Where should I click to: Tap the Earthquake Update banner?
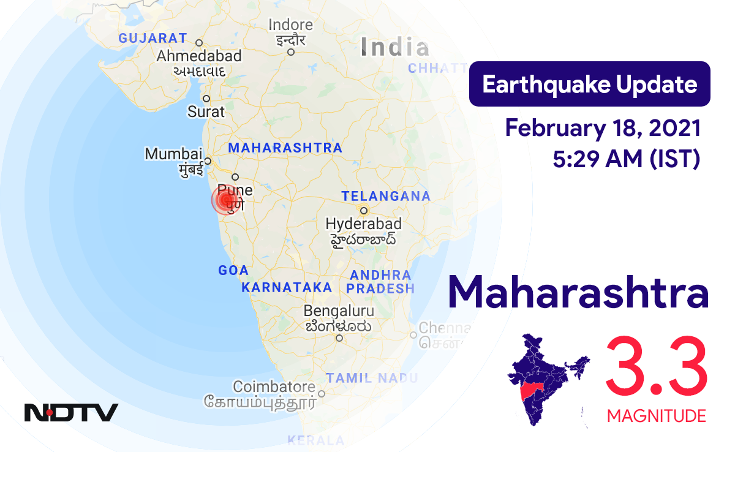(589, 85)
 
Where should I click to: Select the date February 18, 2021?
(603, 129)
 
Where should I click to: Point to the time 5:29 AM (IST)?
(626, 159)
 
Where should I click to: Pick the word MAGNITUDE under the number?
(656, 417)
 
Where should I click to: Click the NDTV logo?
(71, 412)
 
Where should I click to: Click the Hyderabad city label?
(364, 224)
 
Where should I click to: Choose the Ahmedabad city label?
(199, 56)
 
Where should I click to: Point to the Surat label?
(206, 111)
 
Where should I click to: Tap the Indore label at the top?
(291, 25)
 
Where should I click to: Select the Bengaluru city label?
(339, 311)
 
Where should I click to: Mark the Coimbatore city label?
(274, 387)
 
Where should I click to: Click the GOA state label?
(233, 270)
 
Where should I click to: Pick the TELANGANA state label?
(386, 196)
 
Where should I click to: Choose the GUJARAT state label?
(153, 38)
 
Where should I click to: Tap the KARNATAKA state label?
(287, 287)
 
